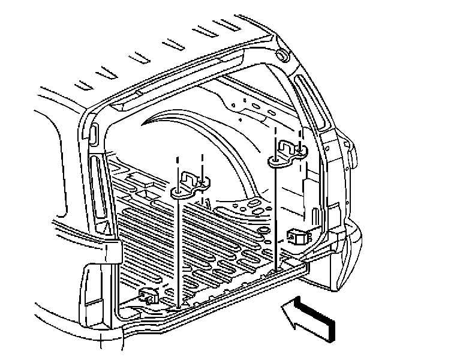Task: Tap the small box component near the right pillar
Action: [x=296, y=236]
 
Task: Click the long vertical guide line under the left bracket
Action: [x=179, y=252]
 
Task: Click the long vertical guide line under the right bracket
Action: [x=275, y=216]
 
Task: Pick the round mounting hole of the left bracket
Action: [x=179, y=193]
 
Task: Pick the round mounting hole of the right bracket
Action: [x=275, y=160]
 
